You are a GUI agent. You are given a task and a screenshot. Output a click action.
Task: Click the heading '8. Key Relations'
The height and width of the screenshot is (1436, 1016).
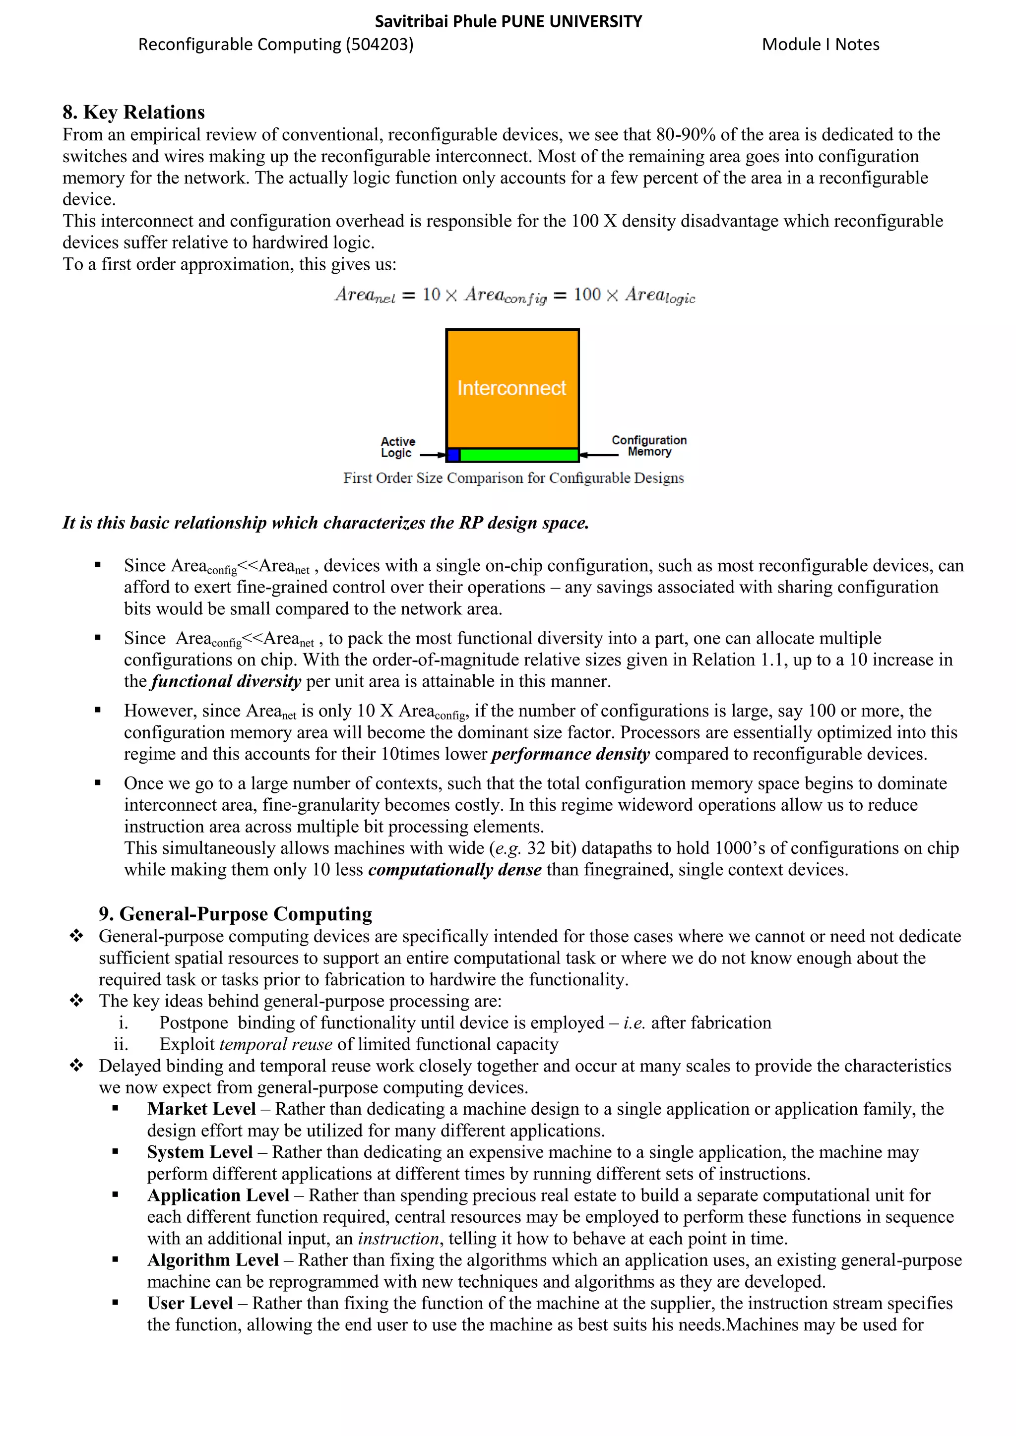click(133, 112)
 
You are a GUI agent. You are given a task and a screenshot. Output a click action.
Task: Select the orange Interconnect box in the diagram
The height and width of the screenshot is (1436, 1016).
click(512, 388)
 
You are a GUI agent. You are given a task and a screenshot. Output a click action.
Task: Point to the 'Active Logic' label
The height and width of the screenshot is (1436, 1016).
click(397, 447)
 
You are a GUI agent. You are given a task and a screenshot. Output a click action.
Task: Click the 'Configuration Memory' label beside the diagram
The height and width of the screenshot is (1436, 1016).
click(649, 446)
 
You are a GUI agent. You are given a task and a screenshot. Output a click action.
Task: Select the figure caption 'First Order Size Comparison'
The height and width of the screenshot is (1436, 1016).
click(513, 478)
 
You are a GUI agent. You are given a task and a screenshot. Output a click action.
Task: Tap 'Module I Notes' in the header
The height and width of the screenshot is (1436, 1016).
click(820, 45)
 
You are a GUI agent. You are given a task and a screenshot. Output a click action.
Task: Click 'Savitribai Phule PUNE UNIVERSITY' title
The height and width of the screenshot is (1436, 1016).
click(508, 22)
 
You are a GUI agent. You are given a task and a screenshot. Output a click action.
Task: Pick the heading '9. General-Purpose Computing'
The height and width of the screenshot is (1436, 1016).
click(235, 914)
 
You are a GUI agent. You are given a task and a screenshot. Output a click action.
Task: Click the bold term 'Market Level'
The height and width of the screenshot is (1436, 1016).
click(201, 1109)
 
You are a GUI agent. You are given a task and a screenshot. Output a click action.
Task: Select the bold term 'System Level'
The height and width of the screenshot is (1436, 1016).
click(199, 1152)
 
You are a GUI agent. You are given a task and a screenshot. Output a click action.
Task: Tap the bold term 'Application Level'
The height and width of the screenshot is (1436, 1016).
click(218, 1195)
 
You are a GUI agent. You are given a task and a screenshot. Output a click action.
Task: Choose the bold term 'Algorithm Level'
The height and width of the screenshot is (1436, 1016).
click(213, 1260)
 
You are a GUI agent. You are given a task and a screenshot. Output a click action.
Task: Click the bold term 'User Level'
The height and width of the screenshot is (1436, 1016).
click(190, 1304)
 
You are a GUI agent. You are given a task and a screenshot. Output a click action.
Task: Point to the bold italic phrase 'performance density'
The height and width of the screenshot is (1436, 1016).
click(571, 754)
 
